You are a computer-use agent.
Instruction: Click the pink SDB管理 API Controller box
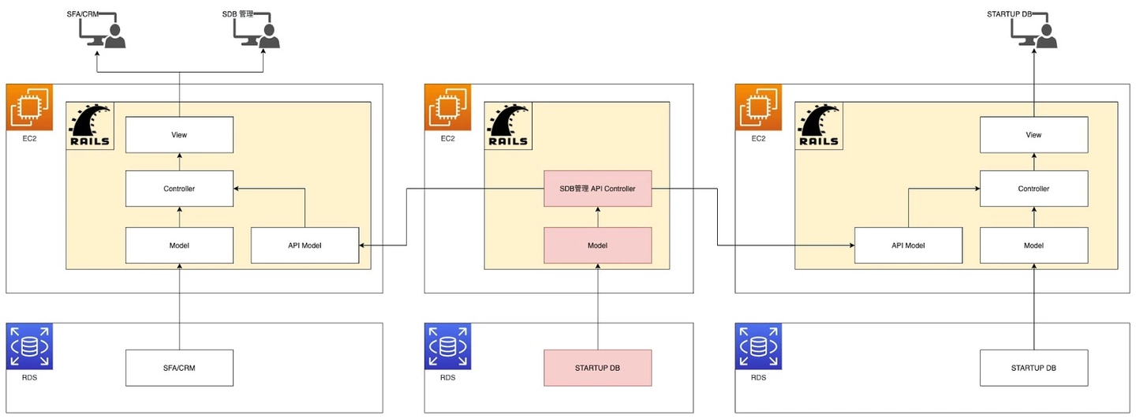point(597,188)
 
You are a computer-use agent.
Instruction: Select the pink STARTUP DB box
point(597,368)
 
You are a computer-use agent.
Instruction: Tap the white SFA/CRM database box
point(180,368)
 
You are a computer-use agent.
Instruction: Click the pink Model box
point(597,245)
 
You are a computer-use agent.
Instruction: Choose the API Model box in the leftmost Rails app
point(305,245)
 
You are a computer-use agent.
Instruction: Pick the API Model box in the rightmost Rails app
point(908,245)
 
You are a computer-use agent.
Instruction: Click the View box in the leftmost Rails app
point(180,134)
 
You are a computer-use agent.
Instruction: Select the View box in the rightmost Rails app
point(1033,134)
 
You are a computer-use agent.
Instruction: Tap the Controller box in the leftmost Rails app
point(180,188)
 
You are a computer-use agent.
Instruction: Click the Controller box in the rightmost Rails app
point(1033,188)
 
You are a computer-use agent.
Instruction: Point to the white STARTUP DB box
point(1033,368)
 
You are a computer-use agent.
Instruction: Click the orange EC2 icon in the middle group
point(448,107)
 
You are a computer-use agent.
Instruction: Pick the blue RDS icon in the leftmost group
point(29,346)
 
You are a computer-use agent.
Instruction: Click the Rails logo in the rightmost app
point(819,125)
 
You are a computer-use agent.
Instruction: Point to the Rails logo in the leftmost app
point(90,125)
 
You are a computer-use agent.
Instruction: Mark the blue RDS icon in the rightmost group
point(758,346)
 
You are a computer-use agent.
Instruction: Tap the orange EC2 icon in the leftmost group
point(29,107)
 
